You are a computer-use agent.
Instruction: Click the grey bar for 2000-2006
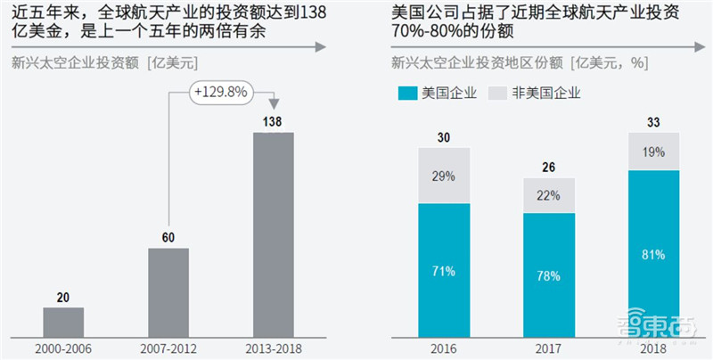[x=63, y=321]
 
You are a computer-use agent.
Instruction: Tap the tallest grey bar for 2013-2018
[x=273, y=233]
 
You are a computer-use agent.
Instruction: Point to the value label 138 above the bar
[x=273, y=120]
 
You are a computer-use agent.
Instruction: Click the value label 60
[x=168, y=236]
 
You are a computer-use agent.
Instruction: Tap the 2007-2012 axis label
[x=168, y=347]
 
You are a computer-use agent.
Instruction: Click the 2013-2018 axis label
[x=273, y=347]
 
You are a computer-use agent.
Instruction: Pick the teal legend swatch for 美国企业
[x=409, y=92]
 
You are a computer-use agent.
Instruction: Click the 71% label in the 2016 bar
[x=445, y=268]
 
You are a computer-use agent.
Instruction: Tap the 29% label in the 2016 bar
[x=445, y=176]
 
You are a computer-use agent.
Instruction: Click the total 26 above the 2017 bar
[x=549, y=167]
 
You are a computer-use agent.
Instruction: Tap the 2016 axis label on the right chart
[x=445, y=347]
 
